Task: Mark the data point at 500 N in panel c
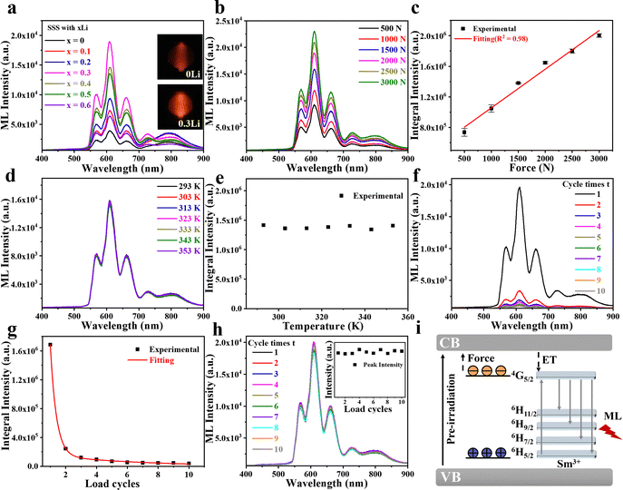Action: click(463, 132)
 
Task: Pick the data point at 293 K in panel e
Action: click(264, 225)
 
